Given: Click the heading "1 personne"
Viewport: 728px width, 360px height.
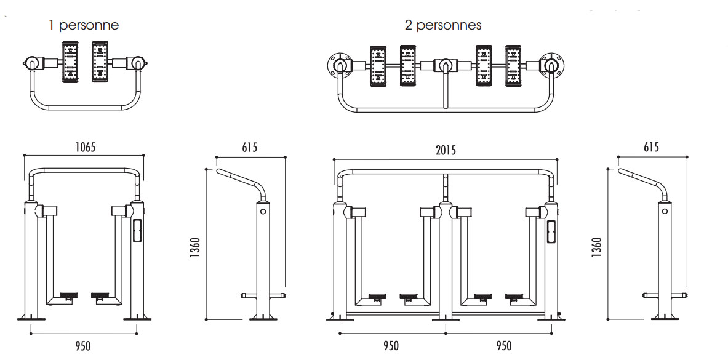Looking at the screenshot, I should (x=84, y=25).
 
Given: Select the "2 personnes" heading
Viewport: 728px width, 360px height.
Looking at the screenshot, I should (x=443, y=25).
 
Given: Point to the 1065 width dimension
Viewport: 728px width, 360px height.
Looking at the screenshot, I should (x=85, y=148).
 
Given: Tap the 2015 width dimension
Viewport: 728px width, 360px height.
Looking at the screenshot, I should (x=446, y=150).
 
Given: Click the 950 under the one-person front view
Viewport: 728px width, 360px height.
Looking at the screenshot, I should (x=83, y=346).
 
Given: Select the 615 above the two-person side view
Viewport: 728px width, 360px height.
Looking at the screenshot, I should (x=651, y=148).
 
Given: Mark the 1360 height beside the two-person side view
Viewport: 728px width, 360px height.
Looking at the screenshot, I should (x=596, y=247).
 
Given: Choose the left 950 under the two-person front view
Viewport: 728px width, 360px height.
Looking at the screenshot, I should (x=391, y=346).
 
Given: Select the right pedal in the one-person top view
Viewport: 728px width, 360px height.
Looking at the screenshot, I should (x=100, y=62).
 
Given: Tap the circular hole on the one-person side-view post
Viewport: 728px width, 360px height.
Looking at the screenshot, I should (x=263, y=211).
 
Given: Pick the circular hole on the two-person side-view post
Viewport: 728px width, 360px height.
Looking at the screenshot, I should (x=664, y=211).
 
